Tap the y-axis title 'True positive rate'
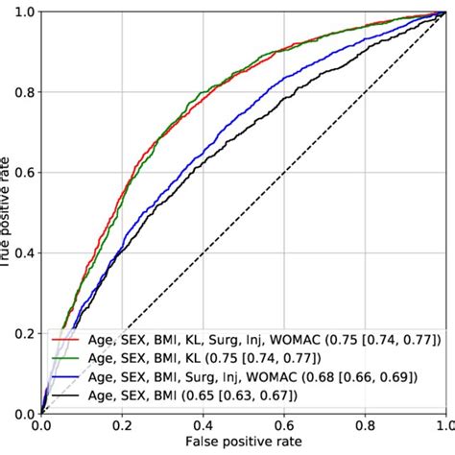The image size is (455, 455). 7,213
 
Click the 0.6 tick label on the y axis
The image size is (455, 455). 23,173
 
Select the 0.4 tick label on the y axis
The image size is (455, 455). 23,253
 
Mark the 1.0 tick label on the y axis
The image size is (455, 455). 23,12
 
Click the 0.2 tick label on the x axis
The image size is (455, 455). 122,424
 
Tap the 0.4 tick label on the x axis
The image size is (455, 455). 203,424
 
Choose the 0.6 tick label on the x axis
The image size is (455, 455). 283,424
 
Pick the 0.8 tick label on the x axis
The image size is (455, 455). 364,424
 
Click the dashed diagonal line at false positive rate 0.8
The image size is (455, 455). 364,92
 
